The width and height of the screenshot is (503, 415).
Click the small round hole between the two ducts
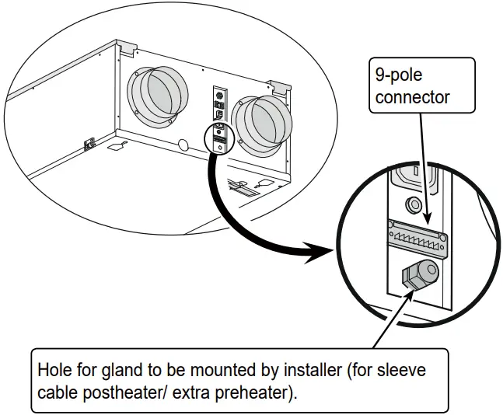pos(185,145)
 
